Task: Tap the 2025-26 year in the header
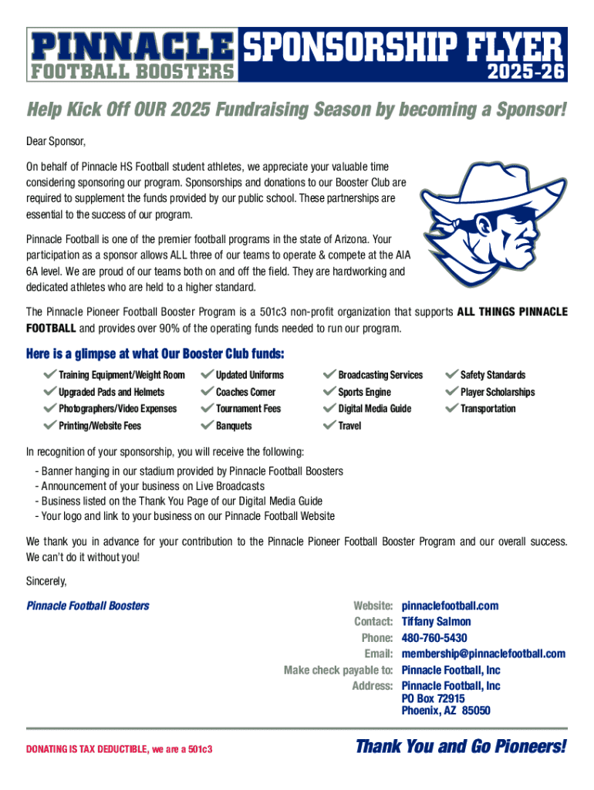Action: pos(527,73)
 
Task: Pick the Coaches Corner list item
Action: pos(245,392)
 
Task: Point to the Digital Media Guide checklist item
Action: pos(374,409)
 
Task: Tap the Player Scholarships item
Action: pos(497,392)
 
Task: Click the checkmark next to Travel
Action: pos(329,426)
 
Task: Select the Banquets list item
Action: pos(234,426)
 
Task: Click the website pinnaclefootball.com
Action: pos(450,606)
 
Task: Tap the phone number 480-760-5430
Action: pos(434,638)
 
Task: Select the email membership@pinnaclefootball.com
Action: pos(483,654)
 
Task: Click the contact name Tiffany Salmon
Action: pos(436,622)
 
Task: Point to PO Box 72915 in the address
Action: pos(433,698)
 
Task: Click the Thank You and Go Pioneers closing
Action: pos(461,747)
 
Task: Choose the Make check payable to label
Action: pos(339,670)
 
